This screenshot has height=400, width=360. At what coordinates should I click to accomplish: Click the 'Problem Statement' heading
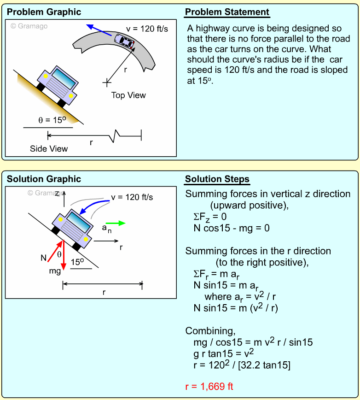tap(227, 12)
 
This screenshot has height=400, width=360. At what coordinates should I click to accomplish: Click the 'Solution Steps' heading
tap(217, 179)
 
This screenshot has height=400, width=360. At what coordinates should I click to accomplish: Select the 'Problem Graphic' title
tap(44, 12)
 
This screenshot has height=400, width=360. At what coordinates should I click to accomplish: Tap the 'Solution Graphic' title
tap(44, 179)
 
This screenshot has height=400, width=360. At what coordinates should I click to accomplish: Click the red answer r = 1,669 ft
tap(209, 386)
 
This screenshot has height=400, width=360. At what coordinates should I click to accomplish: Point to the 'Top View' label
tap(128, 95)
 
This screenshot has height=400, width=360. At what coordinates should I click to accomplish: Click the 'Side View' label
tap(49, 148)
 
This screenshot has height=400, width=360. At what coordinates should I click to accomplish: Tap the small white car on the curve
tap(124, 41)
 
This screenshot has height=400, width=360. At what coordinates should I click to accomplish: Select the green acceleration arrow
tap(119, 223)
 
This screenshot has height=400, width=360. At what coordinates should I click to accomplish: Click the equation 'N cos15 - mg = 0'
tap(231, 228)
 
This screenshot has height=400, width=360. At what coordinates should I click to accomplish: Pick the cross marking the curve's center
tap(107, 82)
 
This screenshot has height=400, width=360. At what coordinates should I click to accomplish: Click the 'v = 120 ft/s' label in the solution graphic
tap(132, 197)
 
